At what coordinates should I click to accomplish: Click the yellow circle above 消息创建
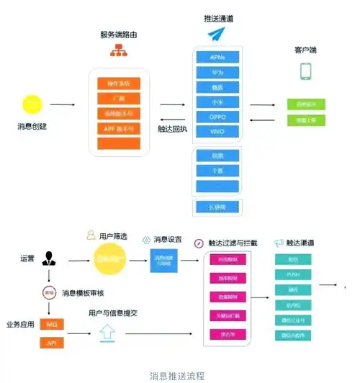click(x=32, y=104)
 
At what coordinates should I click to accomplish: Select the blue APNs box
click(x=218, y=56)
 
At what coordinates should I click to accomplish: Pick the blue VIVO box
click(x=218, y=132)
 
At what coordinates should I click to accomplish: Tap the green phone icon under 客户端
click(x=306, y=71)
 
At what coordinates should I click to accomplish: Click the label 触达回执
click(x=173, y=130)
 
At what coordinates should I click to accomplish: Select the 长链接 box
click(x=218, y=207)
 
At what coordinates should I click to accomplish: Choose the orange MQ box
click(x=52, y=325)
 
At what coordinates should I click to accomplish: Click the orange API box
click(x=52, y=342)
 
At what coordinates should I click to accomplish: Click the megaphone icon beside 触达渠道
click(x=279, y=243)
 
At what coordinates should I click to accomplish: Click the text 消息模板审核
click(x=82, y=292)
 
